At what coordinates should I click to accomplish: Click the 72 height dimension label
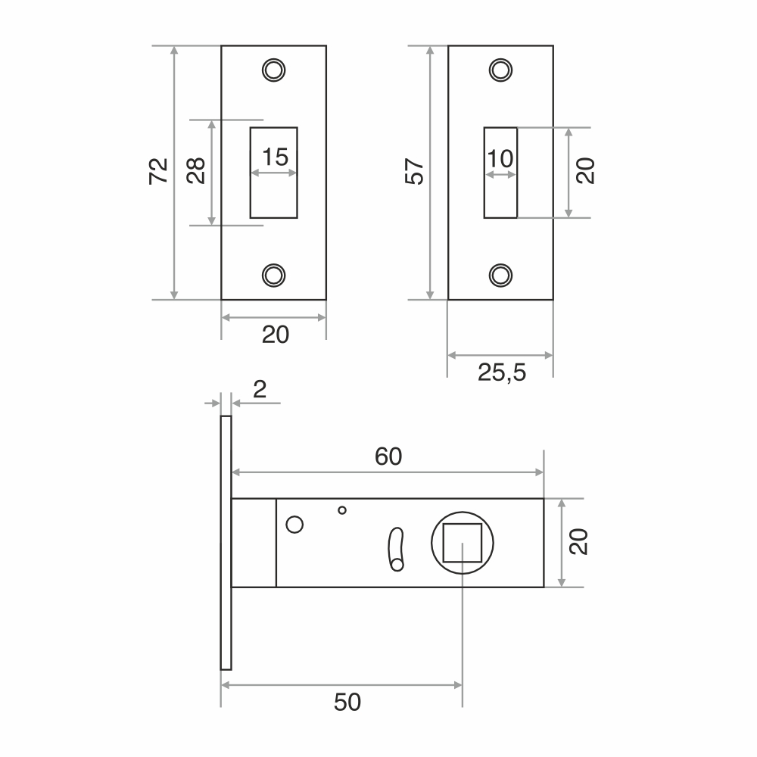click(x=158, y=171)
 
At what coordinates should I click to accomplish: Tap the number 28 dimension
click(x=196, y=171)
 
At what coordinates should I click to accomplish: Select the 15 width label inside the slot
click(x=276, y=157)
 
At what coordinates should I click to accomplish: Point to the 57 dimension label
click(x=414, y=171)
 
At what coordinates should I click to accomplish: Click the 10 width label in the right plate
click(x=500, y=158)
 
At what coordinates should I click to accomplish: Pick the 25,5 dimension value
click(x=502, y=372)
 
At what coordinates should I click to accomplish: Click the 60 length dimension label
click(x=388, y=456)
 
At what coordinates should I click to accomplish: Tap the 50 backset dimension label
click(x=347, y=702)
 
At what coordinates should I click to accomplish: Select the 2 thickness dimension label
click(x=260, y=389)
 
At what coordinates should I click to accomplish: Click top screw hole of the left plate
click(x=274, y=70)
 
